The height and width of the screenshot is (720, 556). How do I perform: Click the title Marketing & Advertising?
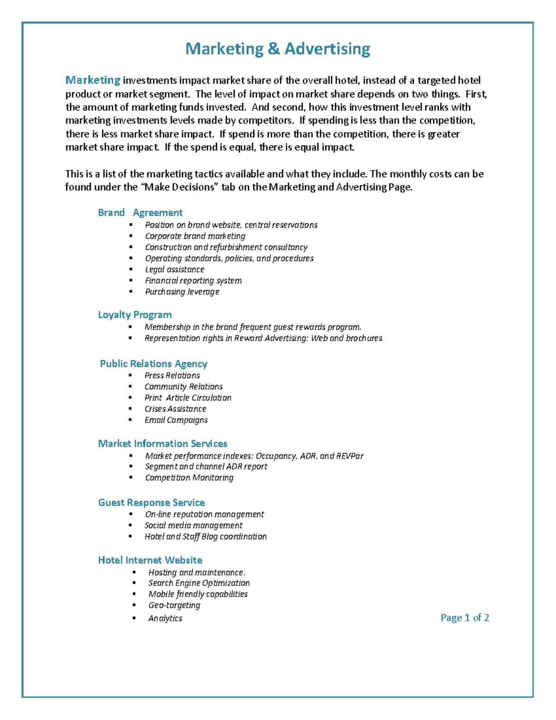[278, 49]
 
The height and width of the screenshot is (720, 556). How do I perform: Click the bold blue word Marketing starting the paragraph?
[93, 80]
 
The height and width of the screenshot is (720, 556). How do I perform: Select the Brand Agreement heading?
[140, 212]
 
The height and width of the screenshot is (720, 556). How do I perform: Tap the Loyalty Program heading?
[134, 315]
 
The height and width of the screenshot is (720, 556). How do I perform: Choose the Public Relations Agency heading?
[153, 363]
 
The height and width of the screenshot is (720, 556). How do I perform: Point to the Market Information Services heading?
[162, 444]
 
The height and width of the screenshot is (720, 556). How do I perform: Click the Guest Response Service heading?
[151, 503]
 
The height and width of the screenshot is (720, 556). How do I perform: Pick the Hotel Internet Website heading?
[150, 560]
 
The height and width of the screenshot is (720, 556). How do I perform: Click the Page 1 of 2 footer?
[465, 618]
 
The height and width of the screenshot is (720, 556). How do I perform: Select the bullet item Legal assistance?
[174, 269]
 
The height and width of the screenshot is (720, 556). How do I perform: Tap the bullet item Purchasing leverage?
[182, 292]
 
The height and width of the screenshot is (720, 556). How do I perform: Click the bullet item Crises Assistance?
[175, 409]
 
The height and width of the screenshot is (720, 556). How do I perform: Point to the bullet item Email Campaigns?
[176, 420]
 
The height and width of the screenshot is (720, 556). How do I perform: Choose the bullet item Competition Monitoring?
[189, 478]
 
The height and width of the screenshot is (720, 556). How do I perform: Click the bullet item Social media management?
[193, 525]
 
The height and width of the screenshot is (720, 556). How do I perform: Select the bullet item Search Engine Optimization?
[199, 583]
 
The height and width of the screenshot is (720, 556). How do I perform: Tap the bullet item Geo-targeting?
[174, 605]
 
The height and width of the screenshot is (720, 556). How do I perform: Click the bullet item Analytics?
[165, 618]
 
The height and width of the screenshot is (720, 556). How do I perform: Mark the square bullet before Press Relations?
[131, 376]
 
